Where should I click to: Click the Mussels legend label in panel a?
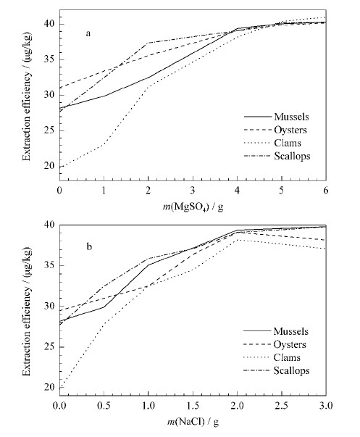(291, 117)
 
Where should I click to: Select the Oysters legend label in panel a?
(290, 130)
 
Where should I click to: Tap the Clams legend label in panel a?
(288, 143)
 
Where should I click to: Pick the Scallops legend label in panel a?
(292, 156)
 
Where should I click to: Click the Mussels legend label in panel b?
(291, 331)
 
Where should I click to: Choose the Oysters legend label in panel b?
(290, 344)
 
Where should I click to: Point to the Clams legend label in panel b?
(287, 357)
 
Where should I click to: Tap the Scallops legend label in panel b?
(291, 370)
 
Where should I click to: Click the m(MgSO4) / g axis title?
(193, 207)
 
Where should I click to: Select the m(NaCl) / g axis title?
(193, 422)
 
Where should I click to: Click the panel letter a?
(88, 34)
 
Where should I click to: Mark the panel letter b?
(89, 246)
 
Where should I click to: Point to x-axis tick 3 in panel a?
(193, 191)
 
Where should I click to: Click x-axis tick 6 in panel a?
(326, 191)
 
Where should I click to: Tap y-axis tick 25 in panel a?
(49, 130)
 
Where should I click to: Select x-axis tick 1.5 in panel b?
(193, 406)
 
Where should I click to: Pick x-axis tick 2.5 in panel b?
(282, 406)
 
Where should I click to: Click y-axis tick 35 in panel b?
(49, 265)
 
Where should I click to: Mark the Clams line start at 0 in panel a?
(60, 167)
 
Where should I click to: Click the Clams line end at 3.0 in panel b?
(326, 249)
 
